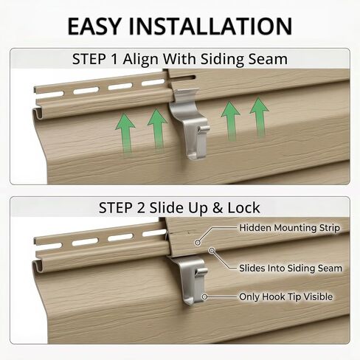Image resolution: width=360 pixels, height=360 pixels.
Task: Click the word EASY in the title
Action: click(x=94, y=26)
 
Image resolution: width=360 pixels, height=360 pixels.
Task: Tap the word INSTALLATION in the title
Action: click(x=210, y=26)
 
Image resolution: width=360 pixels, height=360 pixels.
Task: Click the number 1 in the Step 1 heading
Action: click(x=114, y=59)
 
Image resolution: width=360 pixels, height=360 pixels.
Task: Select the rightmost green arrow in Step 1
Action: click(x=259, y=117)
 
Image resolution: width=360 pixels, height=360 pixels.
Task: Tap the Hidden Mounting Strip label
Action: click(x=289, y=228)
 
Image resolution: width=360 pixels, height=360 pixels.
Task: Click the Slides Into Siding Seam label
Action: click(x=291, y=268)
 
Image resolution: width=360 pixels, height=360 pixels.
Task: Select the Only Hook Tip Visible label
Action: click(x=285, y=297)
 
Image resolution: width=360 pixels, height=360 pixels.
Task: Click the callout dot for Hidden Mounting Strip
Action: click(x=197, y=243)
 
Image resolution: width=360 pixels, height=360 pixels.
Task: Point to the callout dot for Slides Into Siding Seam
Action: click(x=212, y=251)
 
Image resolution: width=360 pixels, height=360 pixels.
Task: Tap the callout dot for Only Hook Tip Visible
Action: click(x=204, y=297)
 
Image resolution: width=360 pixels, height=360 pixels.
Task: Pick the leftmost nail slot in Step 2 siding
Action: click(x=49, y=246)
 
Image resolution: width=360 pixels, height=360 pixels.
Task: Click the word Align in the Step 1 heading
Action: click(x=140, y=60)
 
